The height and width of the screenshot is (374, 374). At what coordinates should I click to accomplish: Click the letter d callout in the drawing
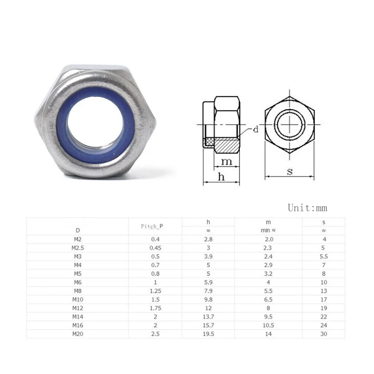[256, 129]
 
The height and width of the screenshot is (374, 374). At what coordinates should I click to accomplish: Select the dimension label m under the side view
[226, 162]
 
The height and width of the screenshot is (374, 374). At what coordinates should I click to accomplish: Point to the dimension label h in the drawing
[221, 177]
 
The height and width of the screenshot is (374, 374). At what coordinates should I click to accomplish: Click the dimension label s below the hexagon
[290, 171]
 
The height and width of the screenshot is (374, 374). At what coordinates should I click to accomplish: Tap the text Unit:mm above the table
[308, 208]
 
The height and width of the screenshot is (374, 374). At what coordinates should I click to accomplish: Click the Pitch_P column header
[152, 226]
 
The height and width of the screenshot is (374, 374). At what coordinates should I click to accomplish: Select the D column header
[78, 230]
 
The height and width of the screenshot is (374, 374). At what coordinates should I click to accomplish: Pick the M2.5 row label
[78, 248]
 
